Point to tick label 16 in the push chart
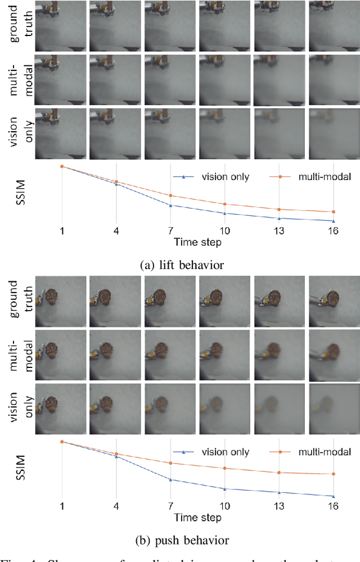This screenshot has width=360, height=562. (333, 507)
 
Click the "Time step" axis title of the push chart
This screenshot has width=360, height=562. (197, 518)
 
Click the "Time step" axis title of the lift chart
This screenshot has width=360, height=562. (197, 242)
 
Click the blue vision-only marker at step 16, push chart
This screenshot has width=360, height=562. (333, 496)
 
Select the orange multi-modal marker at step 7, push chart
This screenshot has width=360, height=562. (170, 463)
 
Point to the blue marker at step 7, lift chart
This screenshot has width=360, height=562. (170, 205)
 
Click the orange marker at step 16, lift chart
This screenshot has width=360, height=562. (333, 212)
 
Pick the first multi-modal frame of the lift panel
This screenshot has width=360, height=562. (60, 79)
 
